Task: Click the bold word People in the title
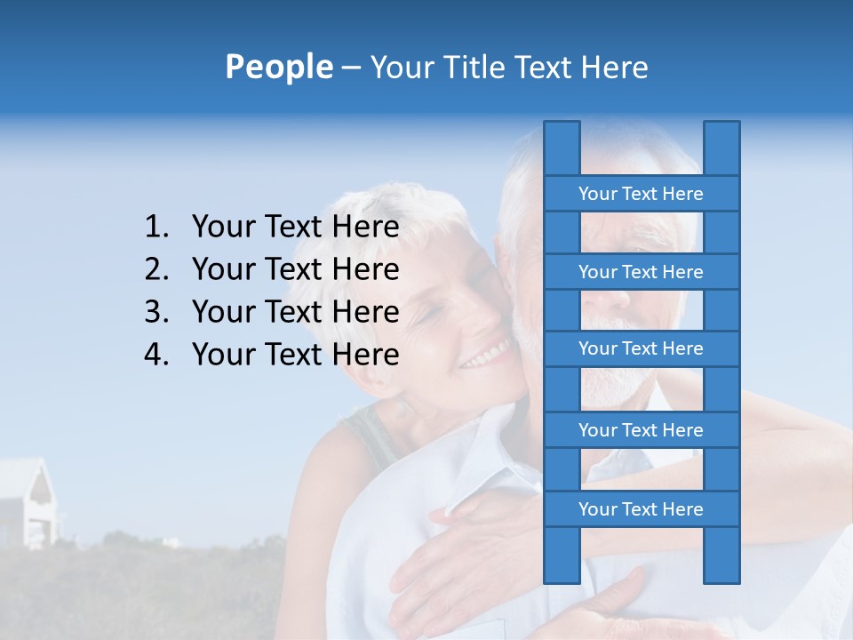pyautogui.click(x=278, y=68)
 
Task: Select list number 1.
pyautogui.click(x=156, y=228)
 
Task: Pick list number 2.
pyautogui.click(x=156, y=269)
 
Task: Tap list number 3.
pyautogui.click(x=156, y=312)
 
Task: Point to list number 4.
pyautogui.click(x=156, y=355)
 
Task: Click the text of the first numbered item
pyautogui.click(x=295, y=228)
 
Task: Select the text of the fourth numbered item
pyautogui.click(x=295, y=355)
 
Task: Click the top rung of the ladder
pyautogui.click(x=641, y=194)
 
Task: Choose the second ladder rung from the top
pyautogui.click(x=641, y=272)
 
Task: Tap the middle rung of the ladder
pyautogui.click(x=641, y=348)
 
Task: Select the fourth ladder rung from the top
pyautogui.click(x=641, y=430)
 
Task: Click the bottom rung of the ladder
pyautogui.click(x=641, y=509)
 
